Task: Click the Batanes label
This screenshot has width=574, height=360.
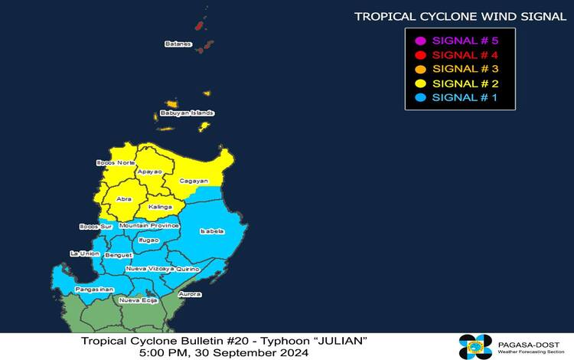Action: [x=178, y=44]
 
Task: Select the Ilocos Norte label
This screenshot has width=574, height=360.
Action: [x=110, y=163]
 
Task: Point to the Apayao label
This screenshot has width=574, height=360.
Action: [x=149, y=172]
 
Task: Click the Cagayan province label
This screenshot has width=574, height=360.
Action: [x=193, y=181]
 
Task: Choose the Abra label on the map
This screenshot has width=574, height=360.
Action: [x=124, y=199]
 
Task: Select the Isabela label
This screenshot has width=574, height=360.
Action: [x=211, y=231]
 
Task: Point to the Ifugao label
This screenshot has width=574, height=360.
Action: [x=149, y=241]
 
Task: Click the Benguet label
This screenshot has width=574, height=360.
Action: [x=118, y=254]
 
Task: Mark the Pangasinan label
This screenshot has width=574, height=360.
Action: [x=95, y=290]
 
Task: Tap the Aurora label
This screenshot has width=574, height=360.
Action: [x=189, y=294]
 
